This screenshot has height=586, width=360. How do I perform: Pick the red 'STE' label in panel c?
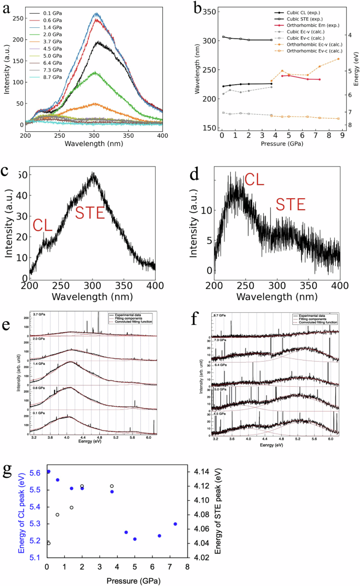tap(90, 213)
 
